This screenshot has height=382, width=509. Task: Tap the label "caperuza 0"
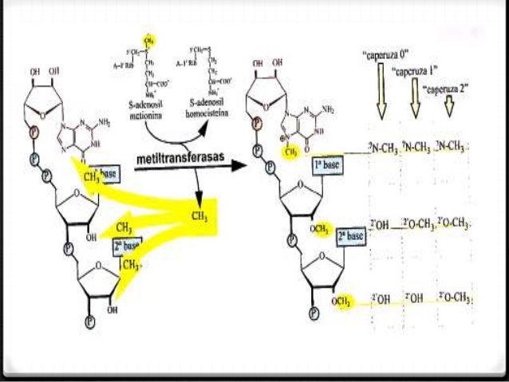point(386,56)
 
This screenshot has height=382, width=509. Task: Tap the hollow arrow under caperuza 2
point(448,107)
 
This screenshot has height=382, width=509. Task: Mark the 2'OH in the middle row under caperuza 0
point(379,226)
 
